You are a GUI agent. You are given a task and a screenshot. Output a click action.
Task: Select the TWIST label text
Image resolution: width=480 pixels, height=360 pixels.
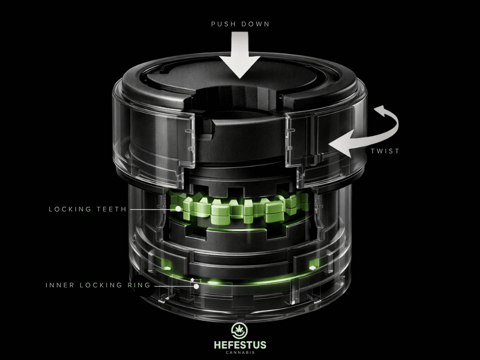[385, 151]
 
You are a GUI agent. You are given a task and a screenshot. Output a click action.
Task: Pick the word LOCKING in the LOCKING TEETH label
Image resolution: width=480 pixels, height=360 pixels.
[70, 209]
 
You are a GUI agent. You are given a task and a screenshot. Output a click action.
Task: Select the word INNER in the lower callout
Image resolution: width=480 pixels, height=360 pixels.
[59, 285]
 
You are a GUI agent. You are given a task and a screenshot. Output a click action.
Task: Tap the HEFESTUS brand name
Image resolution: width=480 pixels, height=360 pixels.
[240, 345]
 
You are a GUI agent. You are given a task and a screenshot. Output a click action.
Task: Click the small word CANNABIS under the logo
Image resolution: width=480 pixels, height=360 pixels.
[240, 353]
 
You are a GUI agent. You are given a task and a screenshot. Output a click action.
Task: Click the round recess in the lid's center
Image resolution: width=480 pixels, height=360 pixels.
[240, 101]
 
